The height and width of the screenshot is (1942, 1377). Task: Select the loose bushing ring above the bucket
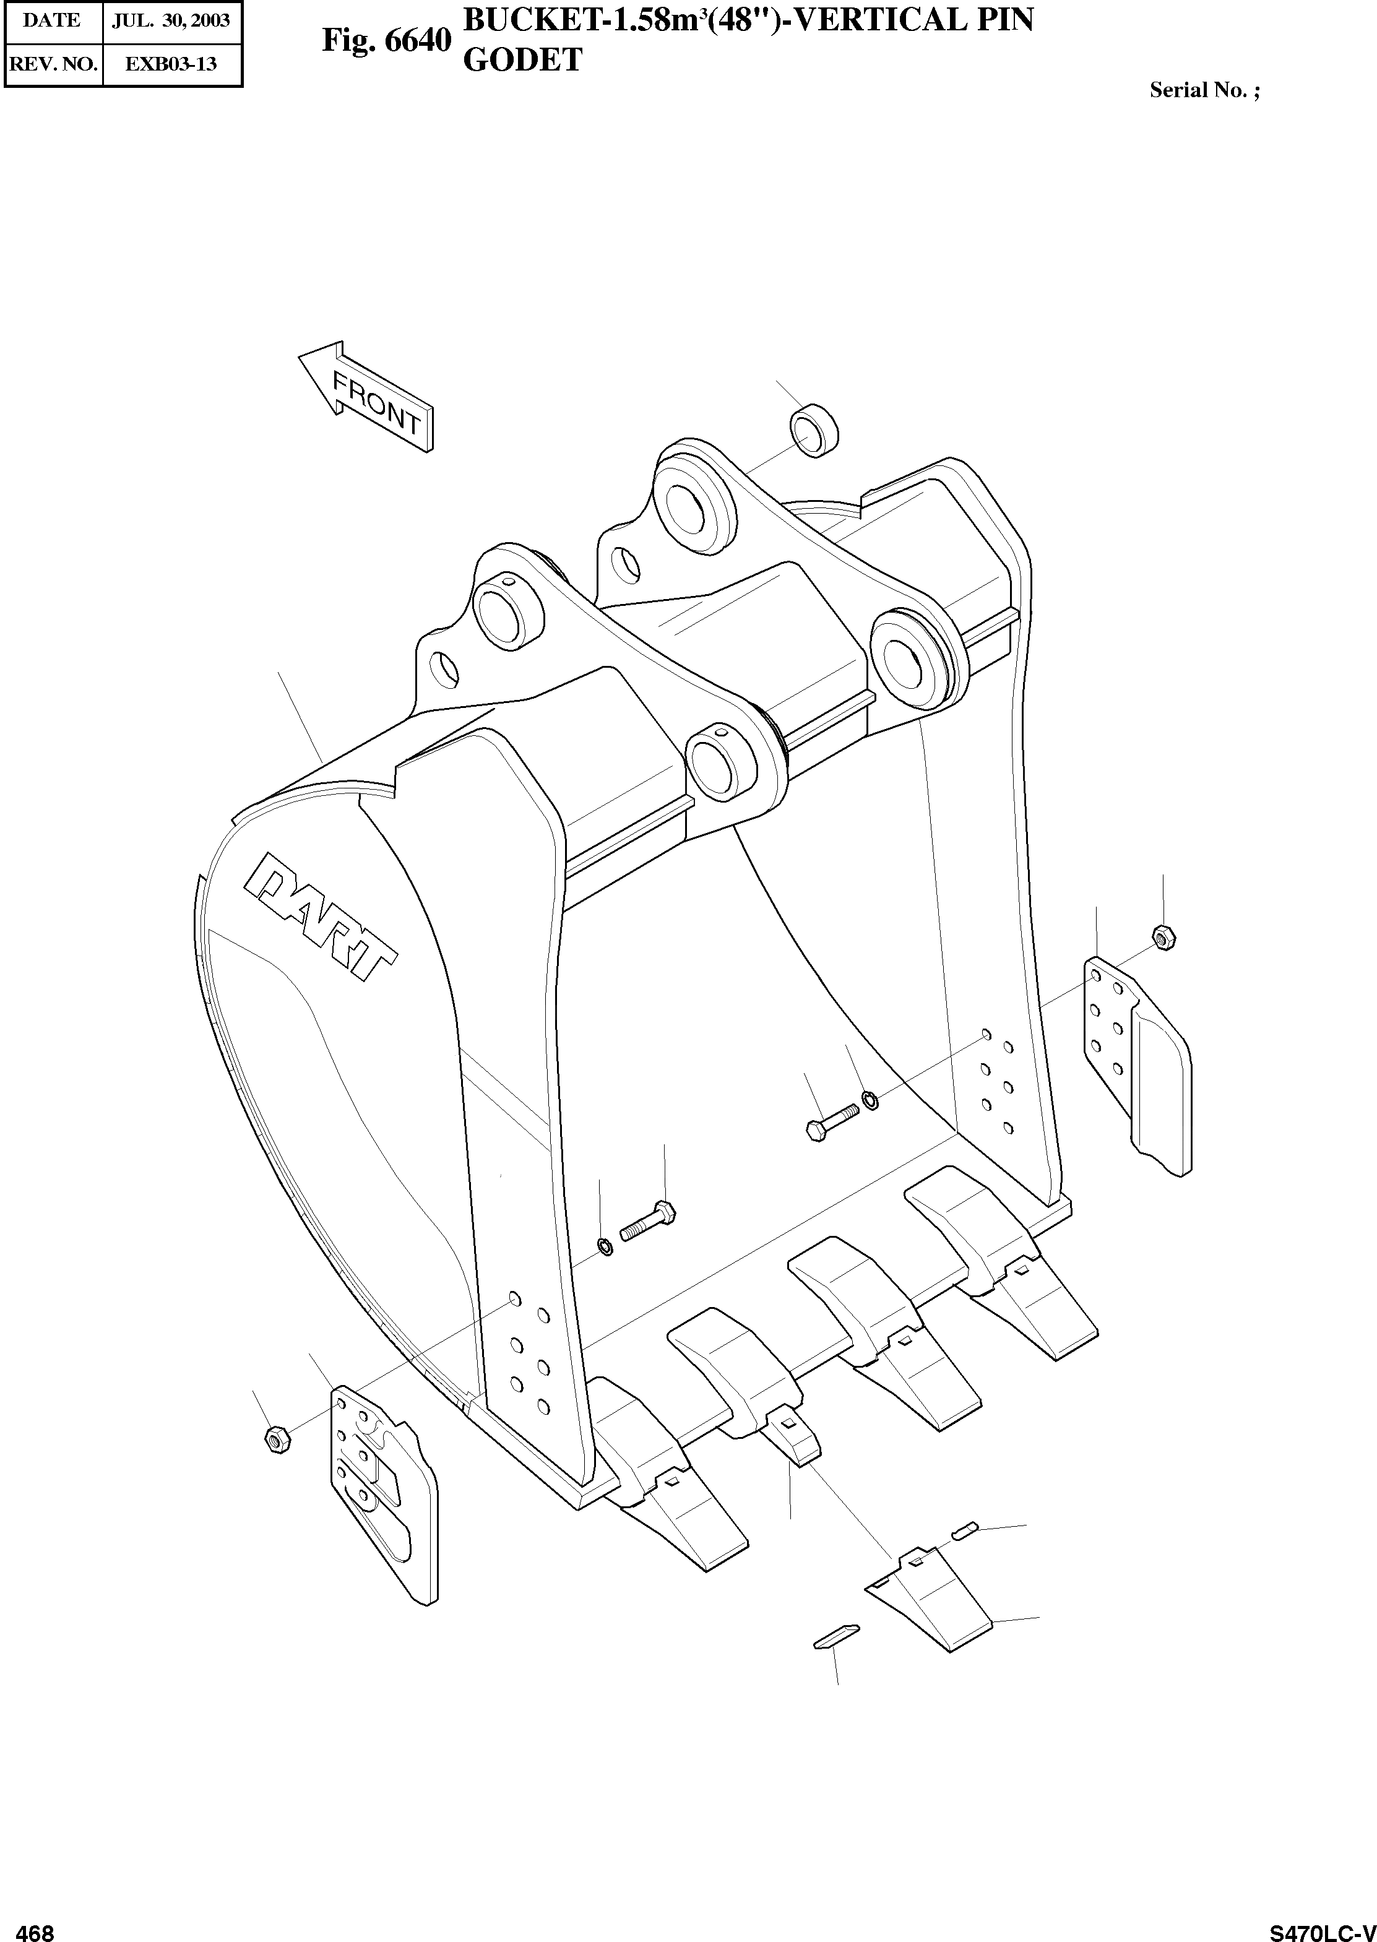coord(815,431)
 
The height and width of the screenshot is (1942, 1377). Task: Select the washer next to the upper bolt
coord(871,1100)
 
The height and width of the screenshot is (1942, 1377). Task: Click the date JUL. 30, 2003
coord(171,20)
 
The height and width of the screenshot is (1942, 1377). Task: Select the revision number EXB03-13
coord(171,64)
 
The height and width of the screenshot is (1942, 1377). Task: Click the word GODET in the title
coord(522,60)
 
